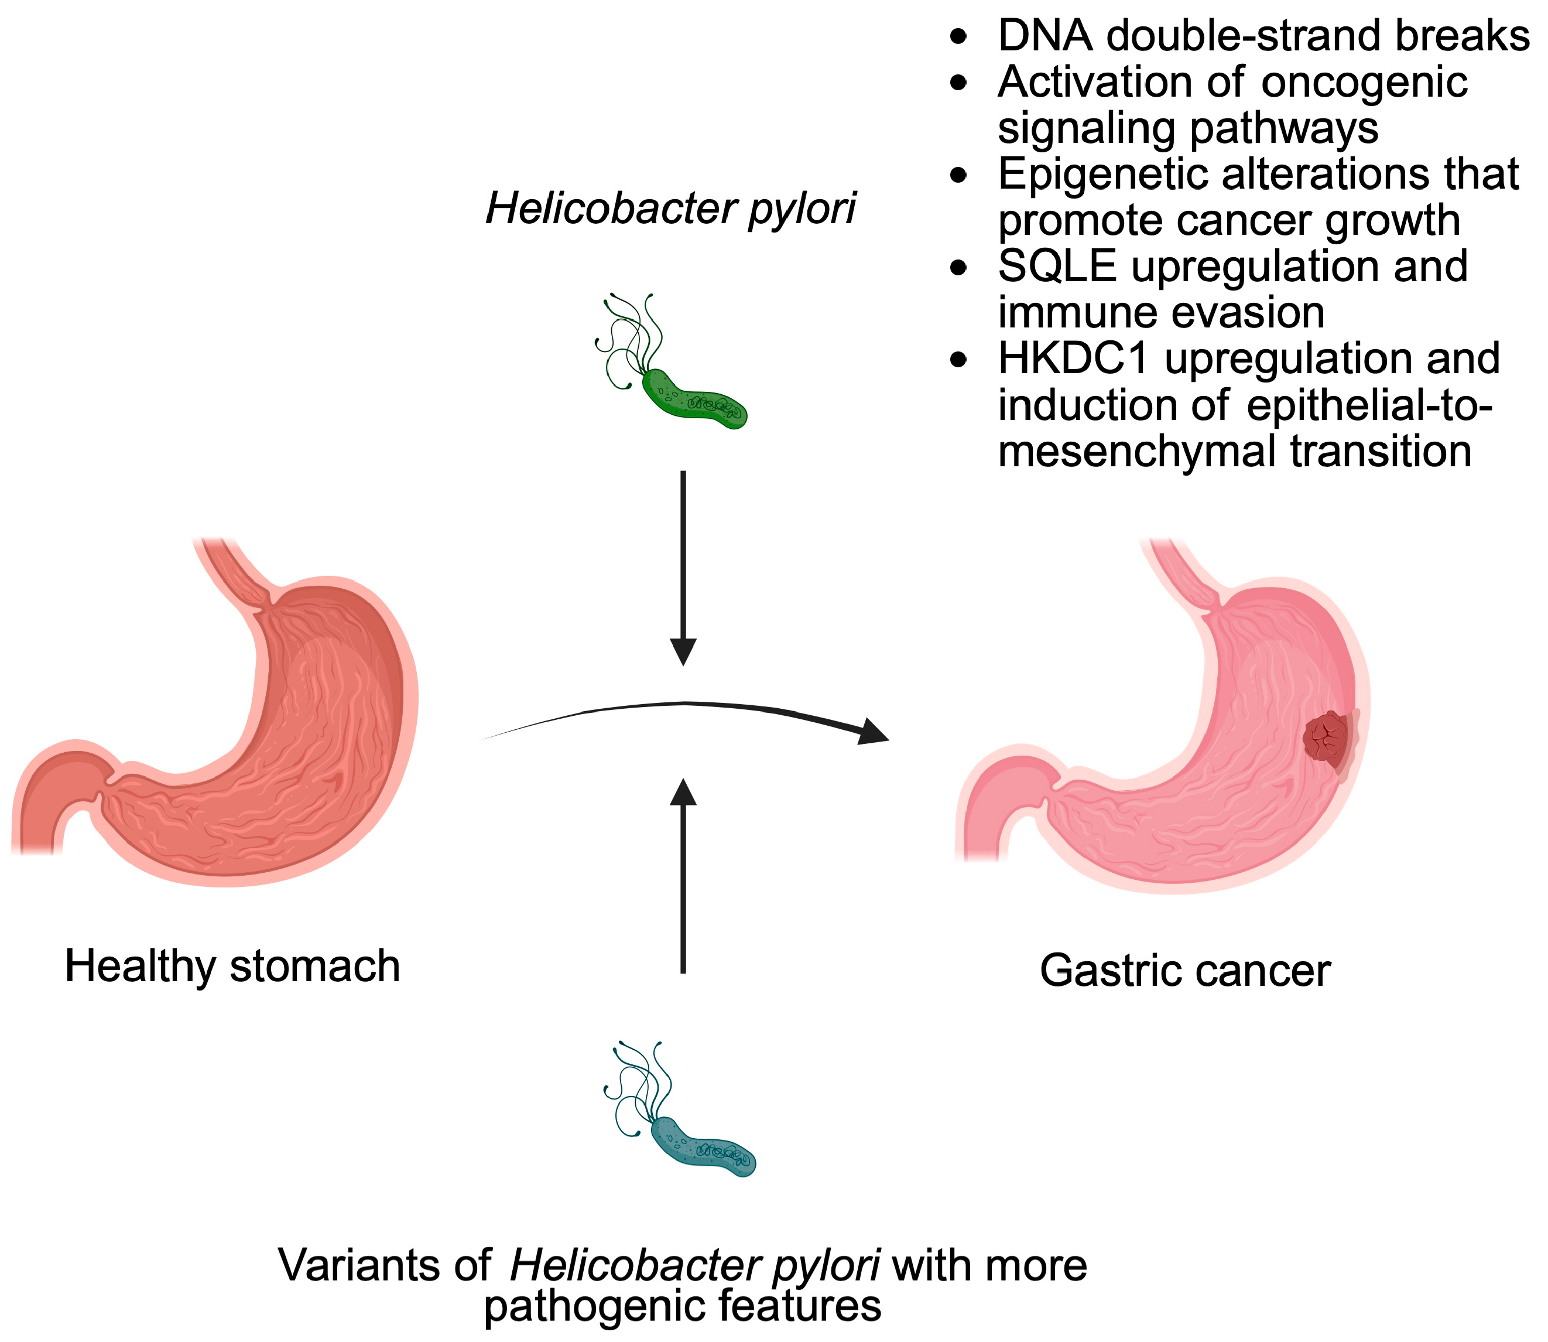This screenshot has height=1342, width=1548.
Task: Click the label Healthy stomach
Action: point(232,966)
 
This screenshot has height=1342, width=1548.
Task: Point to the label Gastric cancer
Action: point(1185,971)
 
